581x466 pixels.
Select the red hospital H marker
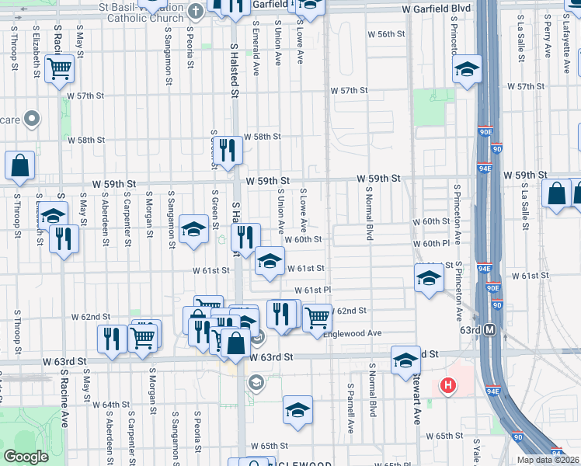(448, 385)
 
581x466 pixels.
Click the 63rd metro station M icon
(490, 329)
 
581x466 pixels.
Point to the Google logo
(26, 457)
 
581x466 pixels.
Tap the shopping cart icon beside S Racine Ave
(59, 68)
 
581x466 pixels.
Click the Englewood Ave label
(357, 333)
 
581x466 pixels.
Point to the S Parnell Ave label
(351, 408)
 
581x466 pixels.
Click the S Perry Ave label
(548, 39)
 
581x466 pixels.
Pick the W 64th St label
(111, 405)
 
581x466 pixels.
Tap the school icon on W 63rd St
(405, 359)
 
